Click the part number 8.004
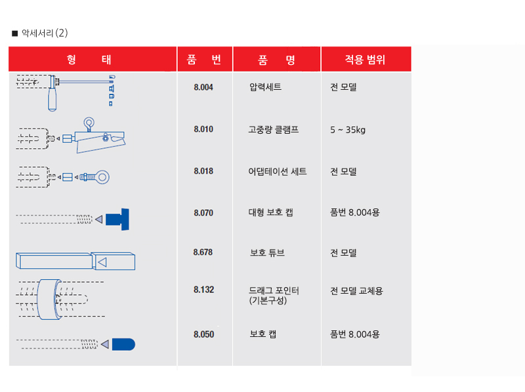pos(203,87)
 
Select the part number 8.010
pos(203,129)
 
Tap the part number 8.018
pos(203,171)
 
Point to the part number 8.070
pos(203,213)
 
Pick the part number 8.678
pos(203,252)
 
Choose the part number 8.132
pos(203,290)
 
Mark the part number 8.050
pos(203,334)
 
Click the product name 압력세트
pos(265,87)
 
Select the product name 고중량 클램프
pos(273,129)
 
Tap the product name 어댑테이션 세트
pos(277,172)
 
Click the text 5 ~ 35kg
pos(348,130)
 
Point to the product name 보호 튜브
pos(267,252)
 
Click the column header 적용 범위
pos(366,60)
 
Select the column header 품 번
pos(204,60)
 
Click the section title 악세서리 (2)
pos(45,33)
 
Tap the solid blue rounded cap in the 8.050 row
pos(123,344)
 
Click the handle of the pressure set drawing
pos(52,99)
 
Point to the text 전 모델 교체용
pos(356,291)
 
